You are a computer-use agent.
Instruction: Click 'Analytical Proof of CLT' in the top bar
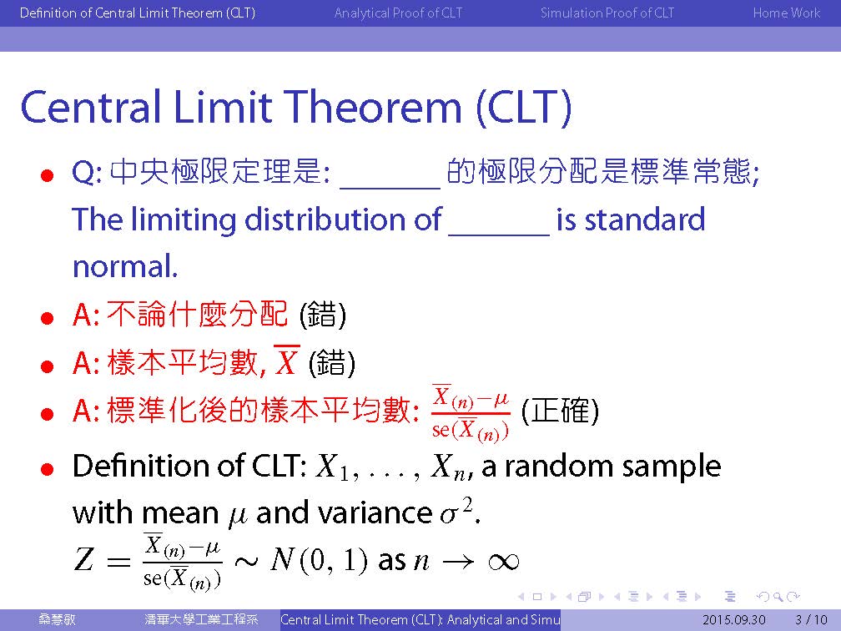(398, 13)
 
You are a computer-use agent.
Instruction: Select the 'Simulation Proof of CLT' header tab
(607, 13)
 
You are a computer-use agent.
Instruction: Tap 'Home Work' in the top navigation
(786, 13)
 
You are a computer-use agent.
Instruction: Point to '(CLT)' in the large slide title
(523, 108)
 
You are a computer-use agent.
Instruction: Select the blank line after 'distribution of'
(499, 235)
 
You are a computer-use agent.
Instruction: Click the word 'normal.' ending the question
(125, 267)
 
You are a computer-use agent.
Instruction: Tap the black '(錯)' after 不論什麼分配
(322, 315)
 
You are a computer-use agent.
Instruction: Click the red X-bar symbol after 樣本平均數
(286, 361)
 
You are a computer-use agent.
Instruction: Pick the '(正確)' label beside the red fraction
(560, 411)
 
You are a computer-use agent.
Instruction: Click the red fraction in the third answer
(471, 413)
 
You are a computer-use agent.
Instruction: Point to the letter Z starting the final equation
(83, 559)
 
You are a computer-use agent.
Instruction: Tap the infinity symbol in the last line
(504, 561)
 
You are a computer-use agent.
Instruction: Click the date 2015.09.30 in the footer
(733, 620)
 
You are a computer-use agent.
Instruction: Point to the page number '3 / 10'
(812, 620)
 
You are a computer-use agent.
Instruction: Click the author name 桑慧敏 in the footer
(57, 619)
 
